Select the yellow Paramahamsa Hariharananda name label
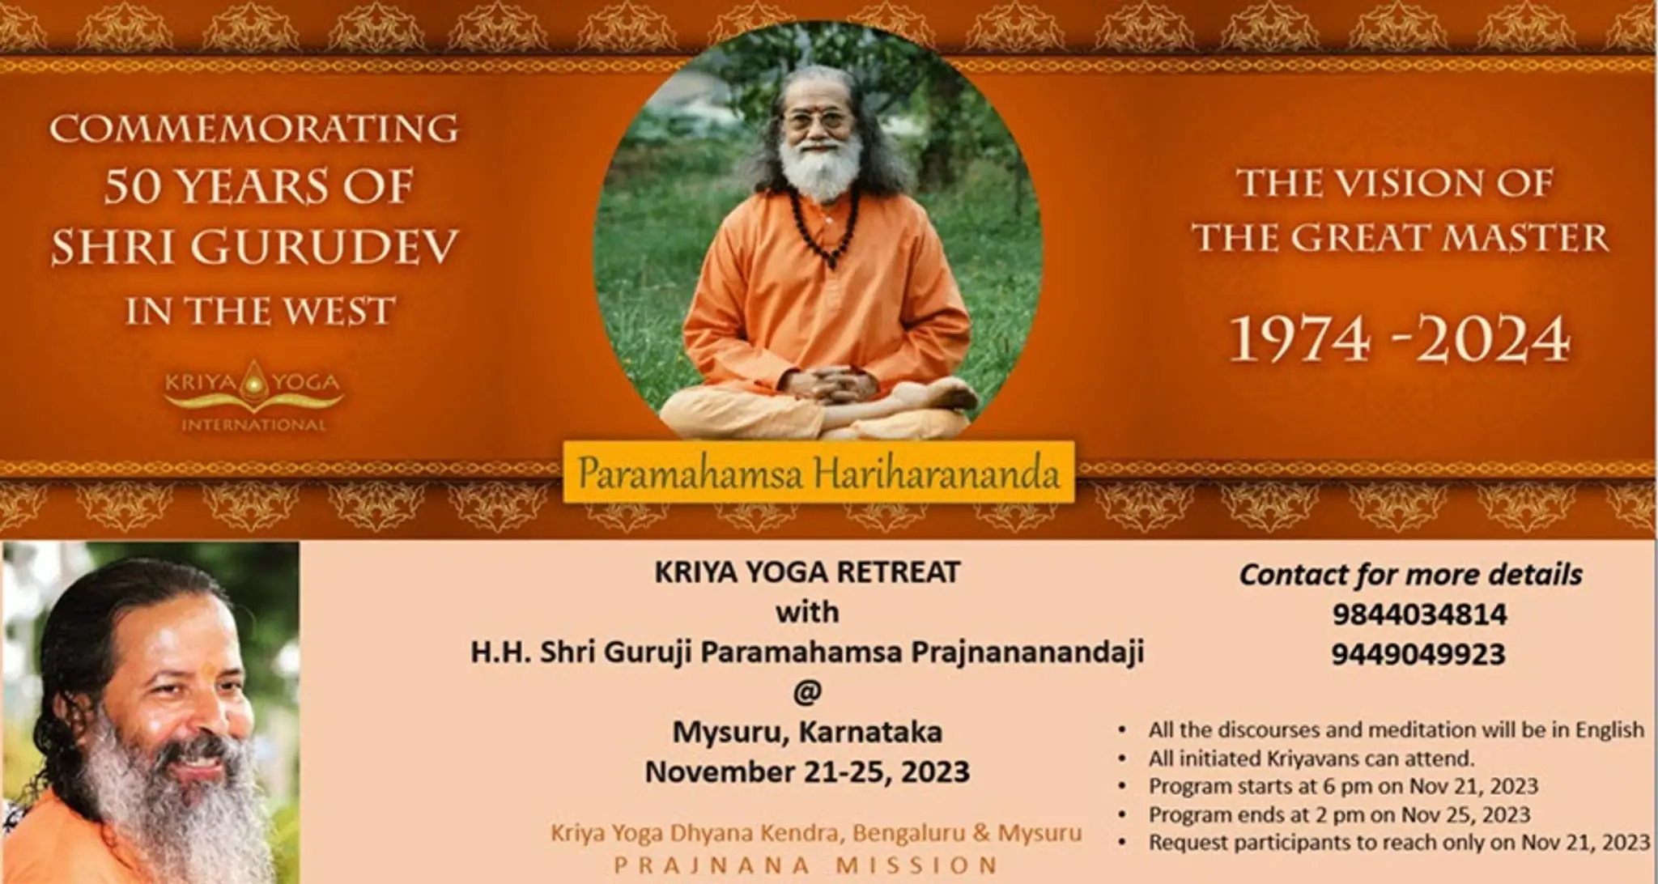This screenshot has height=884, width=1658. [x=818, y=472]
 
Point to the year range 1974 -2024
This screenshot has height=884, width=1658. [x=1400, y=340]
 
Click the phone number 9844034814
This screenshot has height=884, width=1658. [x=1419, y=614]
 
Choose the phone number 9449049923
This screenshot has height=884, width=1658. [x=1418, y=654]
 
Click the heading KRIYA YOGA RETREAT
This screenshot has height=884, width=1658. [x=806, y=572]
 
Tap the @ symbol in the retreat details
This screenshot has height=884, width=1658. [x=806, y=691]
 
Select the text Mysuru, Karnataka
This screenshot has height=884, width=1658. [x=807, y=732]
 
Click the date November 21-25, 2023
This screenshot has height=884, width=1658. [x=806, y=771]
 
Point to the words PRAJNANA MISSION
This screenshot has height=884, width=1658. [x=806, y=865]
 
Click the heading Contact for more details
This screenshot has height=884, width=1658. [x=1410, y=574]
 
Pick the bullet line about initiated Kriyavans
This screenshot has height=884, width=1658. [x=1311, y=759]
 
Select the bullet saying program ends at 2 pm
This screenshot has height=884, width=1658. [x=1338, y=814]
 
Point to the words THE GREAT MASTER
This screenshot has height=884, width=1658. [x=1400, y=239]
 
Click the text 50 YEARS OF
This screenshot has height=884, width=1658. [x=258, y=186]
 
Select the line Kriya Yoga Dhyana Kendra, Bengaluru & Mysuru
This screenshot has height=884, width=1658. [x=815, y=833]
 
